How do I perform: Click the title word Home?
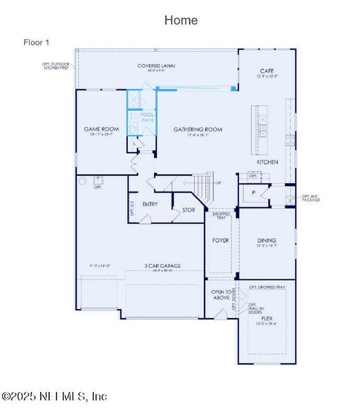click(181, 20)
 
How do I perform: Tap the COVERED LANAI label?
click(156, 66)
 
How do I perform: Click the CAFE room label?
click(267, 71)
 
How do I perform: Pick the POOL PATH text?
click(148, 118)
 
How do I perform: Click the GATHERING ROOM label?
click(197, 129)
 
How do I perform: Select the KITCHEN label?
click(267, 162)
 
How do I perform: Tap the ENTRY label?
click(150, 205)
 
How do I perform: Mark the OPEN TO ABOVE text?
click(221, 295)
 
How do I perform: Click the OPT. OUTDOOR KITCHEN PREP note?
click(57, 67)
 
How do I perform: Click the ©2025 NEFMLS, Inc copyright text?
click(55, 396)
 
